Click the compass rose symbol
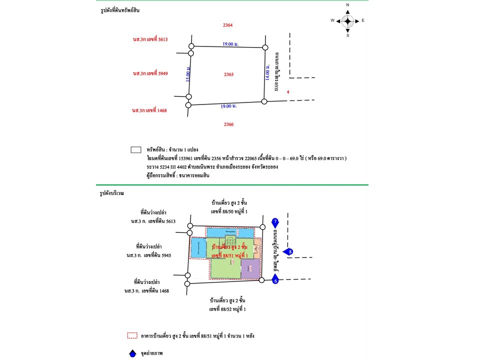[348, 21]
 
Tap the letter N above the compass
[348, 5]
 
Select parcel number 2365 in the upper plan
[229, 74]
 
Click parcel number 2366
[229, 124]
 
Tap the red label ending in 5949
[150, 73]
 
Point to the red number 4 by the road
[288, 92]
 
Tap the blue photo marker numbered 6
[275, 280]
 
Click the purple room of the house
[250, 269]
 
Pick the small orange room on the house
[257, 247]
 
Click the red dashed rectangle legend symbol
[132, 336]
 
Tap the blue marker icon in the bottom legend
[132, 353]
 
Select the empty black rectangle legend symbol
[135, 149]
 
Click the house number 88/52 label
[228, 309]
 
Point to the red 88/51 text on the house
[230, 255]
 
